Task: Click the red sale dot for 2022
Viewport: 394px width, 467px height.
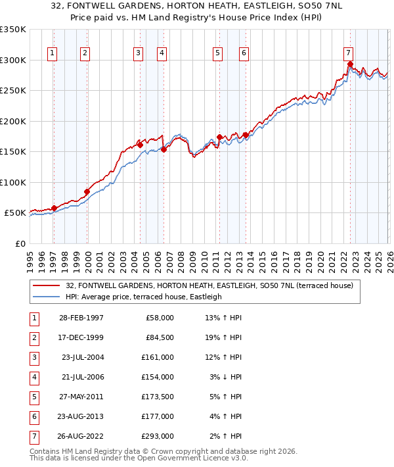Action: [x=350, y=64]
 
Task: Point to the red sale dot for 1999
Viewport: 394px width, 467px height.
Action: [x=87, y=191]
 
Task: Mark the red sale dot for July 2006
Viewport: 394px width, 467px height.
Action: [x=164, y=149]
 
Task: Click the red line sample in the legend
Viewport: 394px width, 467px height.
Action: [x=47, y=285]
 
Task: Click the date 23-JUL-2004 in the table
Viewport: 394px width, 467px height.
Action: [x=81, y=357]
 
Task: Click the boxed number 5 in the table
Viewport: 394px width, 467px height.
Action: [x=33, y=397]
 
